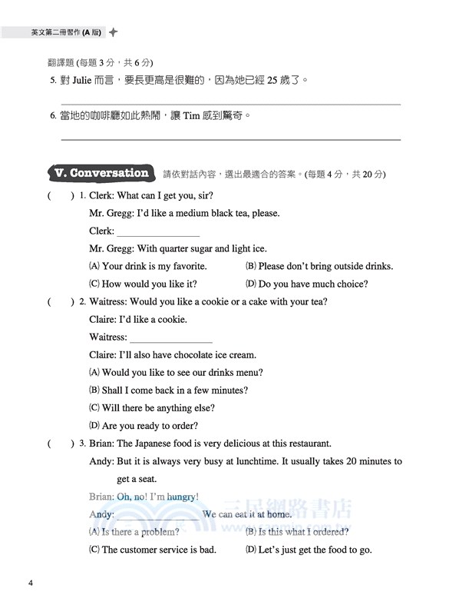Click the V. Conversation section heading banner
(99, 173)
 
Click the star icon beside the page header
(114, 33)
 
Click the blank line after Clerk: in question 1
(157, 231)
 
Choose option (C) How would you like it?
(144, 284)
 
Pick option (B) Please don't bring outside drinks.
(319, 266)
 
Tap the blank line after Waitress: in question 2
(171, 337)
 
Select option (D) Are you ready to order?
(144, 426)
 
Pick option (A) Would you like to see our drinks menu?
(176, 373)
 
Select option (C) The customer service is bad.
(153, 550)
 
